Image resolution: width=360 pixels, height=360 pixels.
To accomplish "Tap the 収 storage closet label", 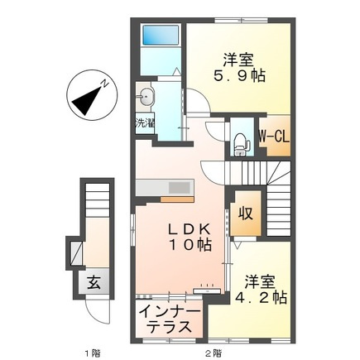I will (246, 212).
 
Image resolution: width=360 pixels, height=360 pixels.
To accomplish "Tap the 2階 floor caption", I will (213, 352).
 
